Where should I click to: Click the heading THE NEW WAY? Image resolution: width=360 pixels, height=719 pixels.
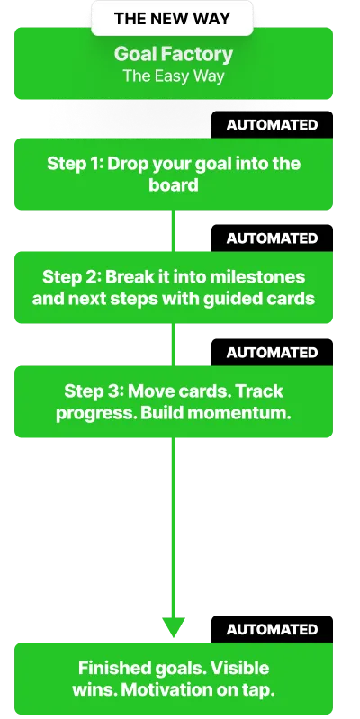pyautogui.click(x=172, y=19)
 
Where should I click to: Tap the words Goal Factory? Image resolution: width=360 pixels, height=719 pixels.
pyautogui.click(x=174, y=55)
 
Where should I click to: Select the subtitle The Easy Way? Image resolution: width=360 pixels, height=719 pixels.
pyautogui.click(x=174, y=76)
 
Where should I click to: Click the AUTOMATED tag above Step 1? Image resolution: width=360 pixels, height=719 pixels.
pyautogui.click(x=272, y=125)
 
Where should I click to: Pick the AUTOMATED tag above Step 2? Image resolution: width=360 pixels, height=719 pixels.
pyautogui.click(x=272, y=238)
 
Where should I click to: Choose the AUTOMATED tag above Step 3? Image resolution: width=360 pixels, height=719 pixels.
pyautogui.click(x=272, y=352)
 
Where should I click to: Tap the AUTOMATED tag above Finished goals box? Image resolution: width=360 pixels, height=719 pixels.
pyautogui.click(x=272, y=629)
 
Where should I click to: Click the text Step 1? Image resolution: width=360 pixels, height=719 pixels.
pyautogui.click(x=75, y=164)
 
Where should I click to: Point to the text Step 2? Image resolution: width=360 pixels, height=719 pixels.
pyautogui.click(x=71, y=277)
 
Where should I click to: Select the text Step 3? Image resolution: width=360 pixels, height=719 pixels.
pyautogui.click(x=94, y=391)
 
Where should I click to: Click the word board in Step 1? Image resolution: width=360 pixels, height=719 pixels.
pyautogui.click(x=174, y=184)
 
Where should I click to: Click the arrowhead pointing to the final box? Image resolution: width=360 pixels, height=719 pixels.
pyautogui.click(x=174, y=627)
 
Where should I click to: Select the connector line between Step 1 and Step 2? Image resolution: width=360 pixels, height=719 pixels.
pyautogui.click(x=174, y=230)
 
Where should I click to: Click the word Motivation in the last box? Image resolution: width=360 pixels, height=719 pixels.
pyautogui.click(x=157, y=689)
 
